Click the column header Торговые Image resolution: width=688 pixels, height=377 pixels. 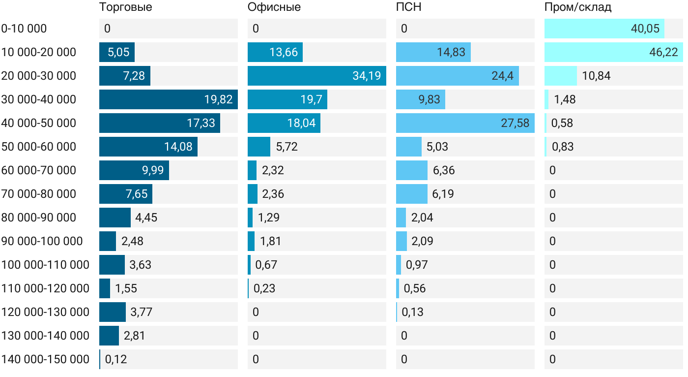125,7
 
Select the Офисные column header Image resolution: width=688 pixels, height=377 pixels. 274,7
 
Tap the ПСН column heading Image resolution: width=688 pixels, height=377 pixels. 409,7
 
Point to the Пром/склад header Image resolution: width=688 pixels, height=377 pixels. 578,7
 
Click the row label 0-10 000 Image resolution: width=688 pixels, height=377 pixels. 25,29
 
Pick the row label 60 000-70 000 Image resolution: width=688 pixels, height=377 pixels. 39,170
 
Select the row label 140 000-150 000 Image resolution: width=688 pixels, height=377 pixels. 45,359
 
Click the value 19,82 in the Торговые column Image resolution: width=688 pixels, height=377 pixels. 218,99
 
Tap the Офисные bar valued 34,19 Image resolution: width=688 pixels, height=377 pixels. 316,76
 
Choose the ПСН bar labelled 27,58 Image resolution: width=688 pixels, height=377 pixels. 465,123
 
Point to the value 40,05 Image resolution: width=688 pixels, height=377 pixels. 645,29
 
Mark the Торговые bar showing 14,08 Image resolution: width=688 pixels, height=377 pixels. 148,147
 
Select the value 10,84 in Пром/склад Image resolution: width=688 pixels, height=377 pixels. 597,76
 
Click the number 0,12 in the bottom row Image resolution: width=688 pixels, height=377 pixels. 116,359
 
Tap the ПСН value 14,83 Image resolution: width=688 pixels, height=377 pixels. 451,52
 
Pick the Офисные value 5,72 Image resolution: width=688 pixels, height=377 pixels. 287,147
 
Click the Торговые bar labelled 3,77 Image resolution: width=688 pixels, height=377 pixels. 113,312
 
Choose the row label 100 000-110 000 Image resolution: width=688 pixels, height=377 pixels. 45,265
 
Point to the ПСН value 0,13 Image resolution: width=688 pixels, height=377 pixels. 412,312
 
